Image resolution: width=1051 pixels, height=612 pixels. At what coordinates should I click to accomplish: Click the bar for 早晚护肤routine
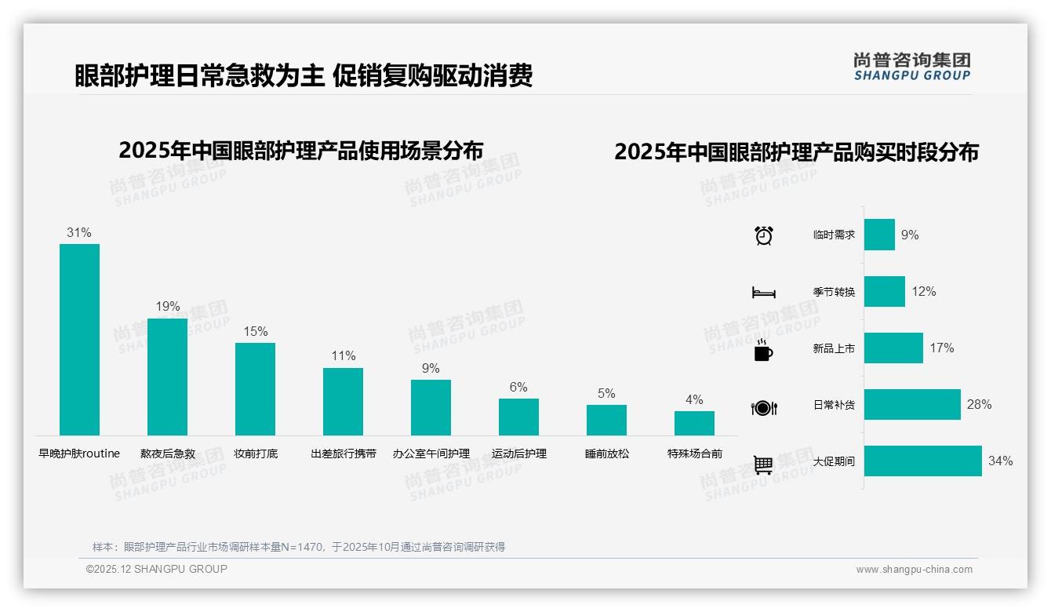click(x=79, y=339)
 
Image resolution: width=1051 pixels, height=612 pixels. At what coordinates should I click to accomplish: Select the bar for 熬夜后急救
click(x=167, y=377)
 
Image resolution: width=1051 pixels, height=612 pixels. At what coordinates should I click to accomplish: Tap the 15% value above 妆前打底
click(x=255, y=331)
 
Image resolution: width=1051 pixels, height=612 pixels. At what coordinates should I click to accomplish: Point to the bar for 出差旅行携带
click(x=343, y=401)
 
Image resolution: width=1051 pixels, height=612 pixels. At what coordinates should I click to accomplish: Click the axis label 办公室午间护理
click(x=431, y=454)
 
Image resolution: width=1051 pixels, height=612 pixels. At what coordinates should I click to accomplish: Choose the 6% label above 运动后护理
click(x=518, y=387)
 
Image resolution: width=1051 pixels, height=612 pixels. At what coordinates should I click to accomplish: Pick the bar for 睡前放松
click(x=606, y=420)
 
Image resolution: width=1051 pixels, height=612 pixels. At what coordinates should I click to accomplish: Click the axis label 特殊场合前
click(x=694, y=454)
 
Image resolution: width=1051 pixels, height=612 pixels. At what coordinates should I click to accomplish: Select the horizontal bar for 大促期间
click(x=922, y=461)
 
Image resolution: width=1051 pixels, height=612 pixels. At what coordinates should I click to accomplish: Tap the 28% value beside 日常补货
click(x=979, y=405)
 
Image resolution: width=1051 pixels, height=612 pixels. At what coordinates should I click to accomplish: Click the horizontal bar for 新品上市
click(x=893, y=348)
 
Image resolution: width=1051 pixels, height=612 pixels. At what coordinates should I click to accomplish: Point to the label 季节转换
click(x=834, y=292)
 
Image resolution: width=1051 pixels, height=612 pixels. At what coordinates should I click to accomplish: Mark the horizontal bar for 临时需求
click(x=879, y=235)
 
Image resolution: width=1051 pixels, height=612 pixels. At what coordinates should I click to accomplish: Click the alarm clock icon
click(x=764, y=235)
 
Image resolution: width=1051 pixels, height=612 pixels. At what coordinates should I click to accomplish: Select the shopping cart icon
click(x=763, y=464)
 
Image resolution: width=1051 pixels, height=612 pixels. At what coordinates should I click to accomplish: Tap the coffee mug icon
click(x=763, y=351)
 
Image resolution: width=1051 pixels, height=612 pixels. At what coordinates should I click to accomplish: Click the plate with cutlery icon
click(x=763, y=408)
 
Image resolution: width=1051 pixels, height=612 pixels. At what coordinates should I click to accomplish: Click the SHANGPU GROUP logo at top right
click(x=911, y=67)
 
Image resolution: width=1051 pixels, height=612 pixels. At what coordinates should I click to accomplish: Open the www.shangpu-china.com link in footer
click(x=914, y=570)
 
